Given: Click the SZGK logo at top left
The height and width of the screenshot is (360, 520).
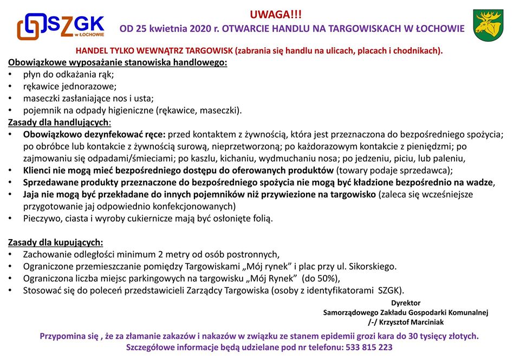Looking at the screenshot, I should click(x=60, y=25).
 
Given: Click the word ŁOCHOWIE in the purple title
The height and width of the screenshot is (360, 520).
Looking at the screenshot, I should click(x=438, y=28).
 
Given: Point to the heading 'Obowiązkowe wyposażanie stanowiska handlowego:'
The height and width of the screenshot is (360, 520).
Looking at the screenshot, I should click(x=118, y=62).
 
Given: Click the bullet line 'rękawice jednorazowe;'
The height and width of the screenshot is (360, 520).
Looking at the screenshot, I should click(x=70, y=86).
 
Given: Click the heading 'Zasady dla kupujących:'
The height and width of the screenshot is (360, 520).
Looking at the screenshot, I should click(x=56, y=242).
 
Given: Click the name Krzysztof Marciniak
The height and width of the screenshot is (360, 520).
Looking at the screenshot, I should click(x=417, y=322).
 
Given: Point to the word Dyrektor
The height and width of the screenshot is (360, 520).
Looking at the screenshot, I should click(x=406, y=303).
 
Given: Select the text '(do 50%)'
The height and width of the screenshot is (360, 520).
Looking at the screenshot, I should click(x=321, y=278).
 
